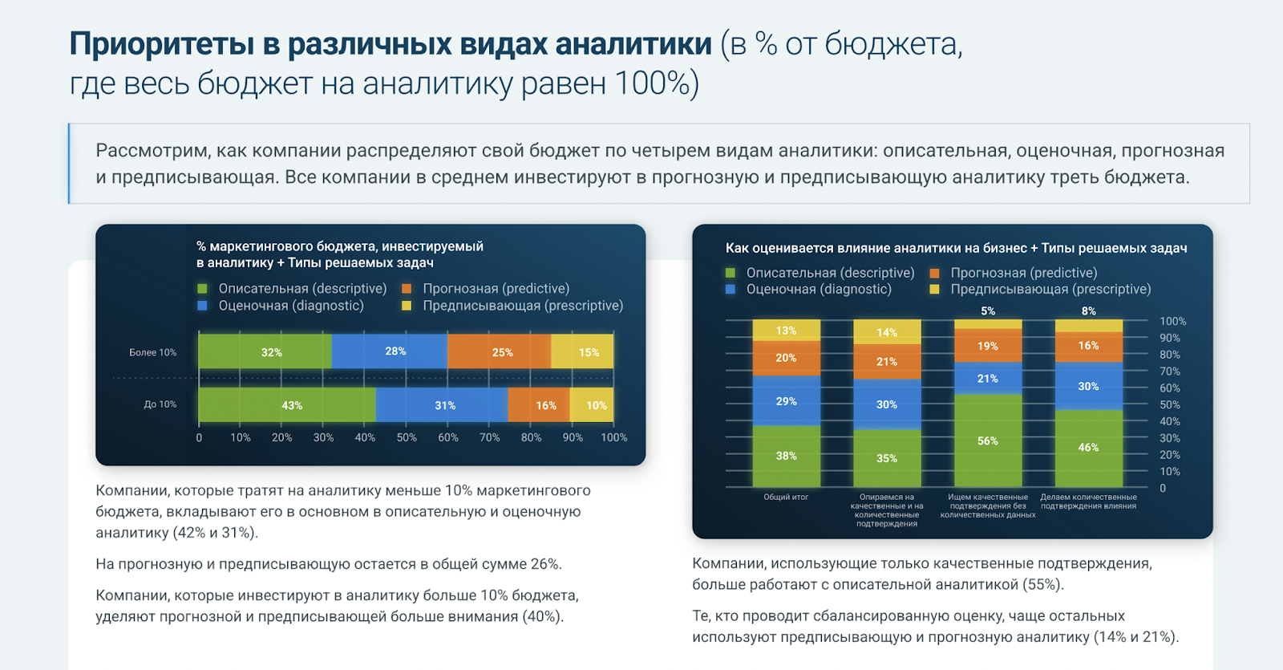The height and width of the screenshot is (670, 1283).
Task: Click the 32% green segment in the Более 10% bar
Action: [x=265, y=351]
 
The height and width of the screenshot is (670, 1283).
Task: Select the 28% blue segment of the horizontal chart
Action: [x=390, y=351]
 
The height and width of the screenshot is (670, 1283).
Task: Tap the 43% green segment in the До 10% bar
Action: [x=286, y=405]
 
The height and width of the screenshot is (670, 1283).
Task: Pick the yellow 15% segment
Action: [x=583, y=351]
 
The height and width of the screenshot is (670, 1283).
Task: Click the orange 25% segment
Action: [x=500, y=351]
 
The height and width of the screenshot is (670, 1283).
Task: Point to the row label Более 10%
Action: [x=152, y=352]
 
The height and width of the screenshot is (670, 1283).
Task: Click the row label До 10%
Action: [x=160, y=404]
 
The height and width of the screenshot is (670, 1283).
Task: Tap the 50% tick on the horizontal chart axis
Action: [x=407, y=437]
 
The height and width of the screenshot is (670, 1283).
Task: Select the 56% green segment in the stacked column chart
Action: [x=988, y=441]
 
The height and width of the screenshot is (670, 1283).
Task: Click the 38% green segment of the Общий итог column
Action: [x=786, y=456]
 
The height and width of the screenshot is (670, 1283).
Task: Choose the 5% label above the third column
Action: [x=988, y=311]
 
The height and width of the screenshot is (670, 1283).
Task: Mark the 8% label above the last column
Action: [x=1088, y=311]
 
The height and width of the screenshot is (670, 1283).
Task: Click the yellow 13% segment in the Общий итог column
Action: [x=786, y=331]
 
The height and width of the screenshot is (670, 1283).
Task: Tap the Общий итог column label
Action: [x=786, y=497]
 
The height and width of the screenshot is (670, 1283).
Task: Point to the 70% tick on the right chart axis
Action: [x=1170, y=372]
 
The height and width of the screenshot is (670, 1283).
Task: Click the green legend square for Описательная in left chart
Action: [x=202, y=289]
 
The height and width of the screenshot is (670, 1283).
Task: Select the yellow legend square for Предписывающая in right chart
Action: [x=934, y=290]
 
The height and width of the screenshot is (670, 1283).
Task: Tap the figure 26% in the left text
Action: [x=545, y=564]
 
